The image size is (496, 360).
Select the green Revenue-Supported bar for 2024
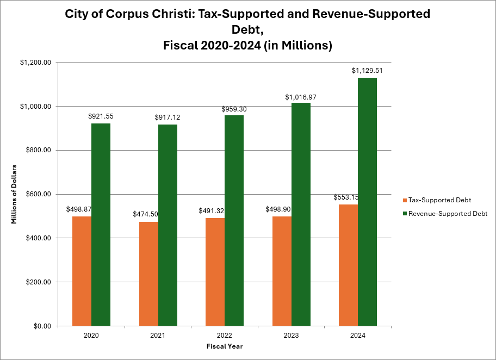[x=367, y=202]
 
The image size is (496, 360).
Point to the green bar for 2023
[x=301, y=214]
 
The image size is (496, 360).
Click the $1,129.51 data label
[x=367, y=71]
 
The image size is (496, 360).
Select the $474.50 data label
[x=145, y=214]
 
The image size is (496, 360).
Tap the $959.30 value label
[x=234, y=109]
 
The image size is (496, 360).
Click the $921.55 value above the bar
[x=101, y=116]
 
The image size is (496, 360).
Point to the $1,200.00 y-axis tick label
[x=36, y=63]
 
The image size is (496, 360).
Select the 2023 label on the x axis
[x=291, y=336]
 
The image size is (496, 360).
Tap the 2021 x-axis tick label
[x=158, y=336]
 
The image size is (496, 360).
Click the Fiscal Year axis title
[x=225, y=346]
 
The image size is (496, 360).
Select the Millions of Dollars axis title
[x=14, y=194]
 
